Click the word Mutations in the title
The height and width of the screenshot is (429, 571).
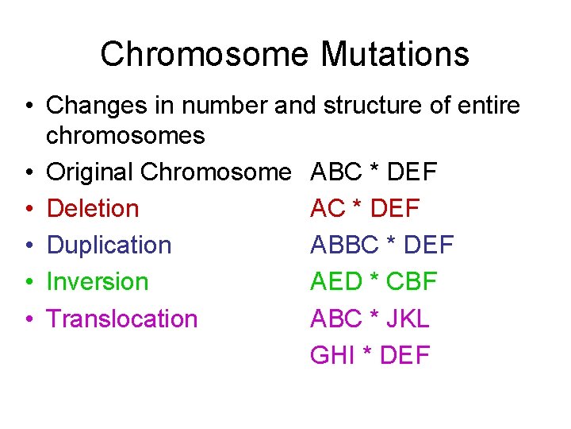point(395,55)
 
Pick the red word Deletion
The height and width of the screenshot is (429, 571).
point(93,208)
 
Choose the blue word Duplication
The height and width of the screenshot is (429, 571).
point(109,245)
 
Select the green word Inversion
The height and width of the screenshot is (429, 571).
point(98,281)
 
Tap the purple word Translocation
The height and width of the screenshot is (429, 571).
point(122,318)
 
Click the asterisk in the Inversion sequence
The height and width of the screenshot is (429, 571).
point(375,280)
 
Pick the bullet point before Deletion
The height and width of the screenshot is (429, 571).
point(28,209)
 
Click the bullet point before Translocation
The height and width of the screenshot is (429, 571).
point(28,319)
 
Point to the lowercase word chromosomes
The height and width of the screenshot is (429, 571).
point(125,136)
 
